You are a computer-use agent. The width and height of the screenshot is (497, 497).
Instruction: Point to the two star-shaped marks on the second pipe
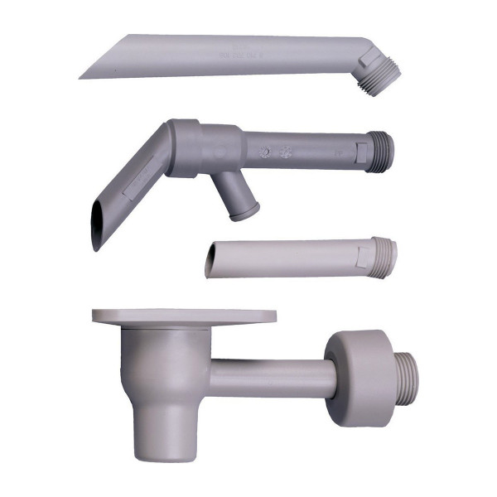tap(276, 153)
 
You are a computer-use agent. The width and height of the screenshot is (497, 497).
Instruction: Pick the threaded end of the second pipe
tap(379, 152)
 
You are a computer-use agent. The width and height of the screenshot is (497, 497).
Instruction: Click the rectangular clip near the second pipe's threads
tap(362, 150)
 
